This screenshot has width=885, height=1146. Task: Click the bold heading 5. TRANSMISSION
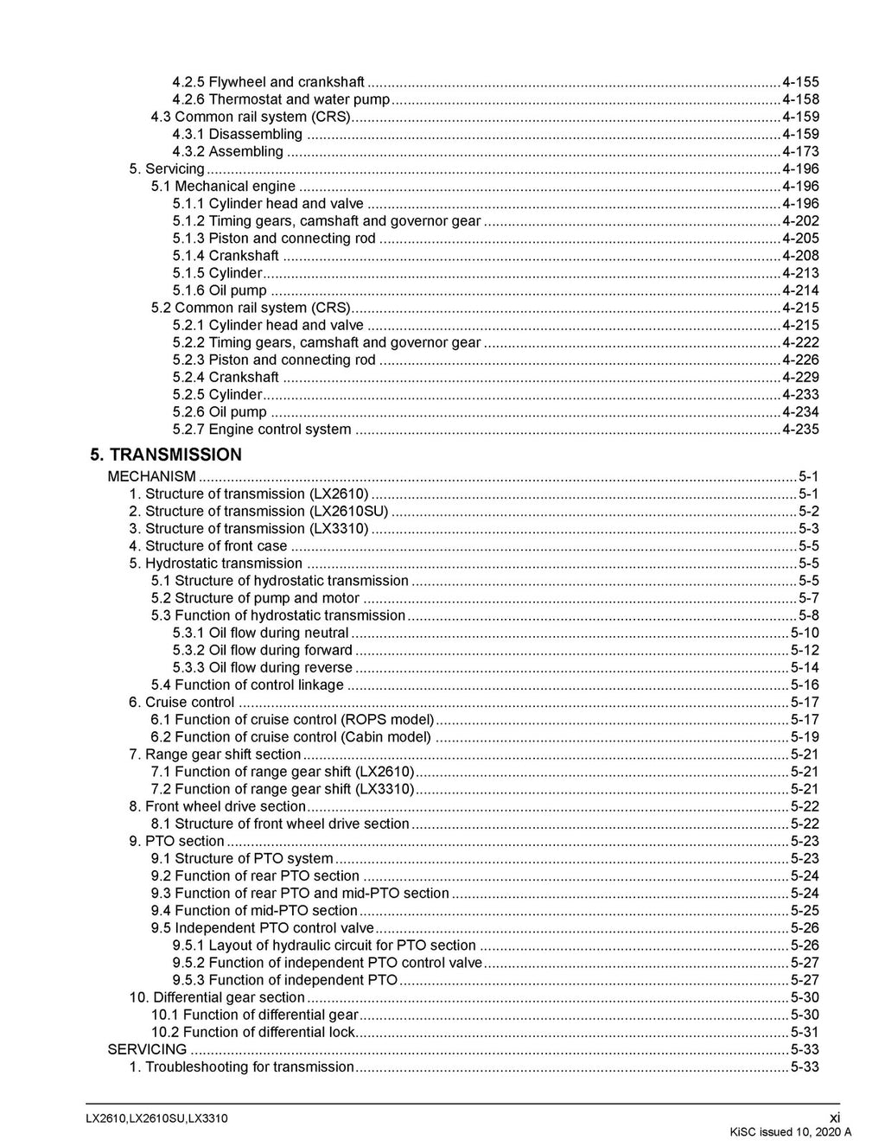pyautogui.click(x=166, y=455)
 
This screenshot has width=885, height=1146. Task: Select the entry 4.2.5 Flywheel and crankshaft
pyautogui.click(x=268, y=82)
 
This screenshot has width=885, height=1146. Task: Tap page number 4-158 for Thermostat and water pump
pyautogui.click(x=800, y=99)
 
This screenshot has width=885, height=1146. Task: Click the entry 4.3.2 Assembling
pyautogui.click(x=228, y=151)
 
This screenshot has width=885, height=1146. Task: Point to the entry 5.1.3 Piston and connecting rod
pyautogui.click(x=274, y=239)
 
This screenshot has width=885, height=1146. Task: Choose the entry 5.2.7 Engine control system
pyautogui.click(x=262, y=430)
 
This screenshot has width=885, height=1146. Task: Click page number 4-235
pyautogui.click(x=800, y=430)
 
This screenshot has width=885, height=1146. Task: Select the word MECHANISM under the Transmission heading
pyautogui.click(x=151, y=476)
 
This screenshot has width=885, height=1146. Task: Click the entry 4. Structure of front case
pyautogui.click(x=207, y=545)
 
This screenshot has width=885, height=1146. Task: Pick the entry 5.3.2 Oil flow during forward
pyautogui.click(x=263, y=650)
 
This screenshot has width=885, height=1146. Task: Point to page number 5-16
pyautogui.click(x=805, y=684)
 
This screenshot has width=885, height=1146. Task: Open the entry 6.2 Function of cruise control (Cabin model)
pyautogui.click(x=290, y=737)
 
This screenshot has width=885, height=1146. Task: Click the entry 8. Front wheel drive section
pyautogui.click(x=217, y=806)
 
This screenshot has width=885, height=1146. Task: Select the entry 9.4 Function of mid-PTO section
pyautogui.click(x=254, y=910)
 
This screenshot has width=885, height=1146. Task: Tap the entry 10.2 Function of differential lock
pyautogui.click(x=252, y=1032)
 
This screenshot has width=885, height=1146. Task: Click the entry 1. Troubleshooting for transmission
pyautogui.click(x=241, y=1066)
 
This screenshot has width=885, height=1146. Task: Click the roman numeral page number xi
pyautogui.click(x=834, y=1117)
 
